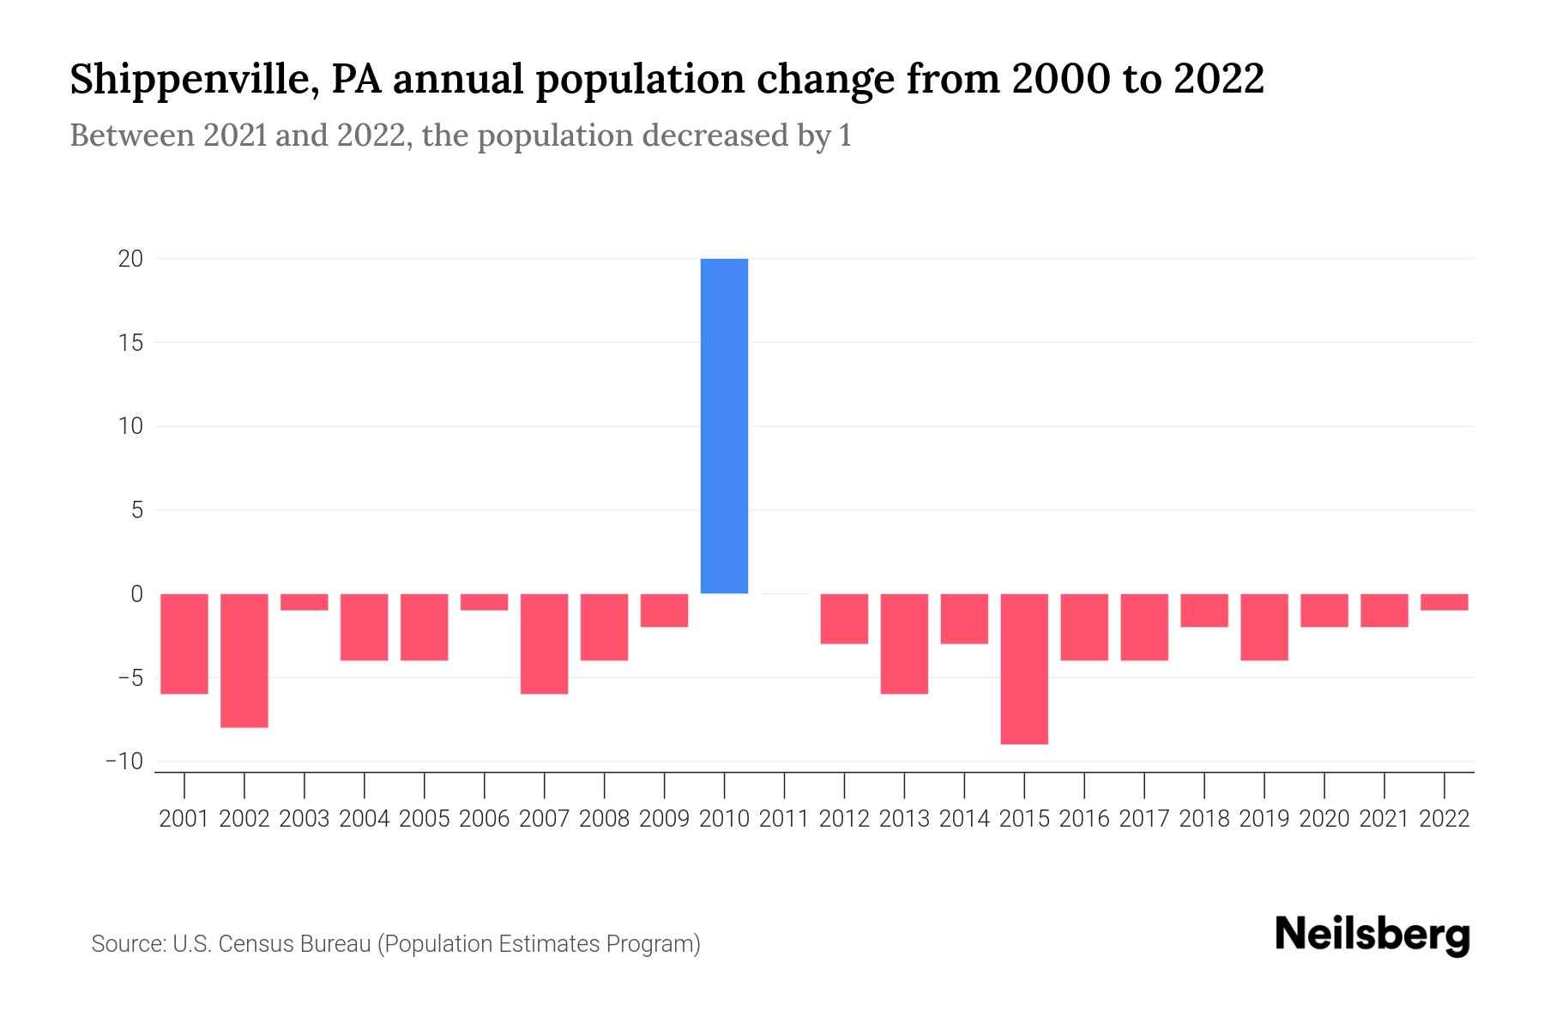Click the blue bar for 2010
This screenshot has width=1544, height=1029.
[724, 426]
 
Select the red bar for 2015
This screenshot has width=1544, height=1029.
[1024, 669]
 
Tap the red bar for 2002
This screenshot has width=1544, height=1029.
[244, 660]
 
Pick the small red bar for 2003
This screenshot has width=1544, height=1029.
[305, 602]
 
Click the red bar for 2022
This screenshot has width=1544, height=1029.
[1444, 602]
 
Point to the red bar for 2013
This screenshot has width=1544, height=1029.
[904, 643]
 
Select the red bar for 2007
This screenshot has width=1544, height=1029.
[544, 643]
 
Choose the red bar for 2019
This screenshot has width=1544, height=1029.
[1264, 627]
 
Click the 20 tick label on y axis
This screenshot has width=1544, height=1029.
[130, 259]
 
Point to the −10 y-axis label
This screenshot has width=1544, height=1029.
[124, 761]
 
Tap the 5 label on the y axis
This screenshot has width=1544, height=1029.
[136, 510]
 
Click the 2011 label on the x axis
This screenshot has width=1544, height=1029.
[784, 819]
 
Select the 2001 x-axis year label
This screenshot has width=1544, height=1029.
[184, 819]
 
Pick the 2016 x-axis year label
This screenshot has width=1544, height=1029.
[1084, 819]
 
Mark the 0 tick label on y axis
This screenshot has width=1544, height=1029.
[136, 594]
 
